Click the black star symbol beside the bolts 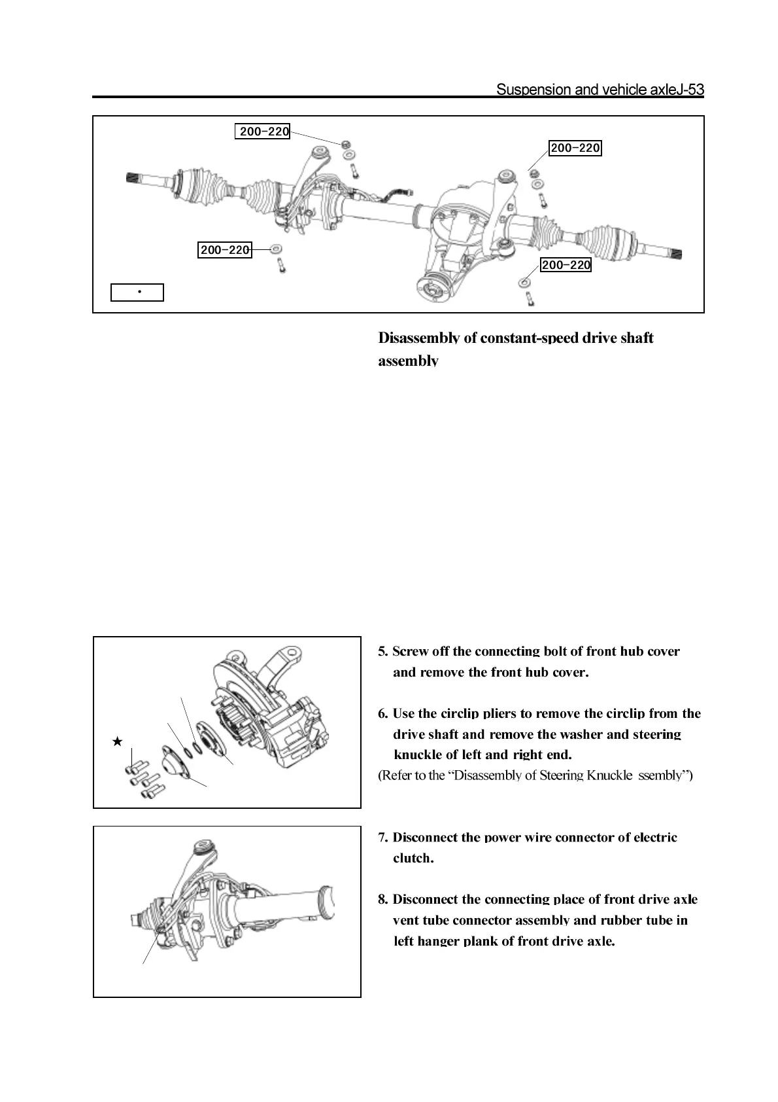(117, 741)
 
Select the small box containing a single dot (137, 292)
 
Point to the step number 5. (383, 652)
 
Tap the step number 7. (383, 838)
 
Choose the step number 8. (383, 900)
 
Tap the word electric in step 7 (655, 838)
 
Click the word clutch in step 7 (412, 858)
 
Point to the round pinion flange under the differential (431, 288)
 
